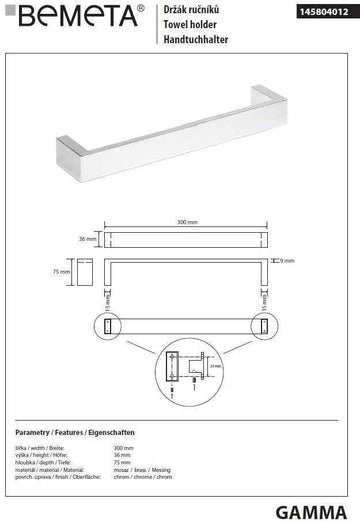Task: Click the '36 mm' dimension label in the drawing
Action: point(86,239)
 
